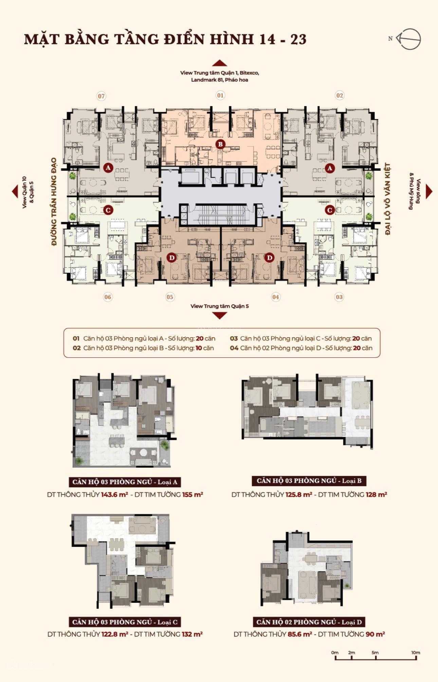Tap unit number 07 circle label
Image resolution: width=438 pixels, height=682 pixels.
click(101, 96)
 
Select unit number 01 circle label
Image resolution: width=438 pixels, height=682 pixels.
click(220, 95)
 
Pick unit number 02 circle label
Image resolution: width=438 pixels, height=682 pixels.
click(340, 95)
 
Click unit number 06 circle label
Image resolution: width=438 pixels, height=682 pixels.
click(108, 297)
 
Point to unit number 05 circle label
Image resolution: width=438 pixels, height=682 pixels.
click(170, 297)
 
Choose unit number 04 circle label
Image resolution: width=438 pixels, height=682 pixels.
click(276, 297)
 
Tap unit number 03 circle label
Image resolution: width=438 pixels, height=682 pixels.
click(339, 297)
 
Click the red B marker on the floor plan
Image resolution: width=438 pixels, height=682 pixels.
click(220, 145)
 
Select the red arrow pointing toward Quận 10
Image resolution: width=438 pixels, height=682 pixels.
click(15, 192)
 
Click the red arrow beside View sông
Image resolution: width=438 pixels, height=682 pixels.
click(429, 192)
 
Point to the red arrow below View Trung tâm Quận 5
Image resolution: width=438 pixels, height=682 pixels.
click(220, 316)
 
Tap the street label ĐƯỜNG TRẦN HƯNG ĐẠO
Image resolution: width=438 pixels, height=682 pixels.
click(54, 202)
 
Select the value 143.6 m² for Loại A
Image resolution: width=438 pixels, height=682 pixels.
click(114, 495)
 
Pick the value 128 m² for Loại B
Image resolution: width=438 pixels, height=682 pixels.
click(376, 495)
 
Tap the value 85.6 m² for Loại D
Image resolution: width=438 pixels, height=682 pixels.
click(299, 634)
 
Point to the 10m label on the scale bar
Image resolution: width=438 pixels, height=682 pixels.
click(416, 652)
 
